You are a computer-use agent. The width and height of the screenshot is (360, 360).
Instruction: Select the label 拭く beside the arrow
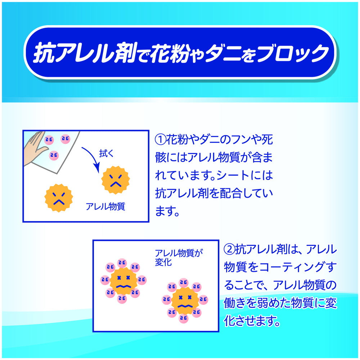click(106, 154)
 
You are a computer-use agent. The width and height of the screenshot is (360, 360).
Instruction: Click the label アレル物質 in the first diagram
click(105, 206)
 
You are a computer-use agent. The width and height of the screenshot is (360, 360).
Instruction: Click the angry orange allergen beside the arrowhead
click(116, 180)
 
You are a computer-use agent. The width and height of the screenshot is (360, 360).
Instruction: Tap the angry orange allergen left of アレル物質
click(59, 198)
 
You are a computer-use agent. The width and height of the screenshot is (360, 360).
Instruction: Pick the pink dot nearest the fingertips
click(49, 140)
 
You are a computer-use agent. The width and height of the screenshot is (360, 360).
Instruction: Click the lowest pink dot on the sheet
click(54, 156)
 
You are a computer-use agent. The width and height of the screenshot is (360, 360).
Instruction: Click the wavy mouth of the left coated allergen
click(123, 286)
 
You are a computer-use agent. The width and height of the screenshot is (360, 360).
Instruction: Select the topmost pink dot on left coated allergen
click(122, 263)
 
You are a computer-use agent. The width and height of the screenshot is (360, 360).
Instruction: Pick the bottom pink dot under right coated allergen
click(183, 318)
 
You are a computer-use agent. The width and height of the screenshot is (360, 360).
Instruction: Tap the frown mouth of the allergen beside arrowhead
click(116, 184)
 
